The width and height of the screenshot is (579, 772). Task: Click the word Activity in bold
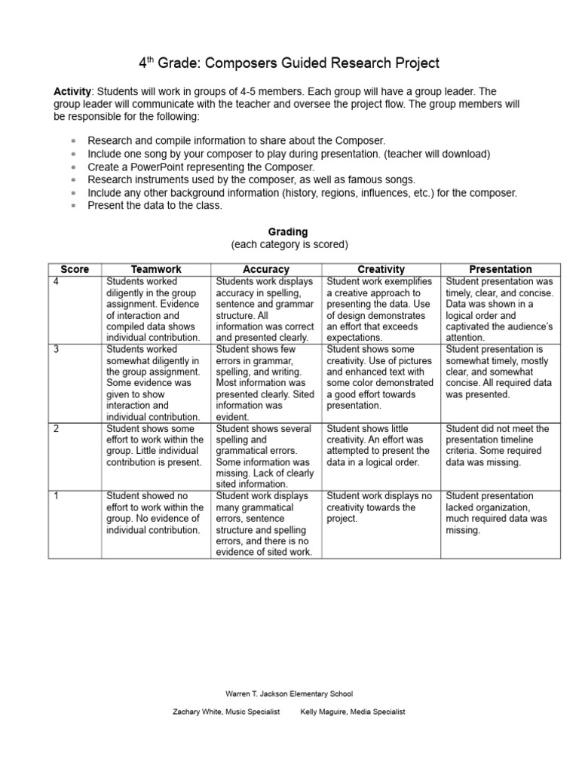click(x=72, y=91)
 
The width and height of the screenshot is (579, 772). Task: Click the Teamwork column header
click(x=156, y=269)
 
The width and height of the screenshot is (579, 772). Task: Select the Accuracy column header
click(x=266, y=269)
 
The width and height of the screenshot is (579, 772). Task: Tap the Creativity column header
click(x=381, y=269)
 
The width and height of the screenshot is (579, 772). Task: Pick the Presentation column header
click(x=500, y=269)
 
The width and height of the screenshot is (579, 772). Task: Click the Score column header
click(x=75, y=269)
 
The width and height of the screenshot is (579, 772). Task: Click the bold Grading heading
click(x=288, y=232)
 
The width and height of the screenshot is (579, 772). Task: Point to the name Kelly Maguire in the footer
click(x=326, y=712)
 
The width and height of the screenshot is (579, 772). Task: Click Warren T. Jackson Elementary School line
click(x=289, y=694)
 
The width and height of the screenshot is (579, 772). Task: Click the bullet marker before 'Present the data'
click(x=73, y=206)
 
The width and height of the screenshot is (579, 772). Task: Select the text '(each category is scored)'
click(x=288, y=245)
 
